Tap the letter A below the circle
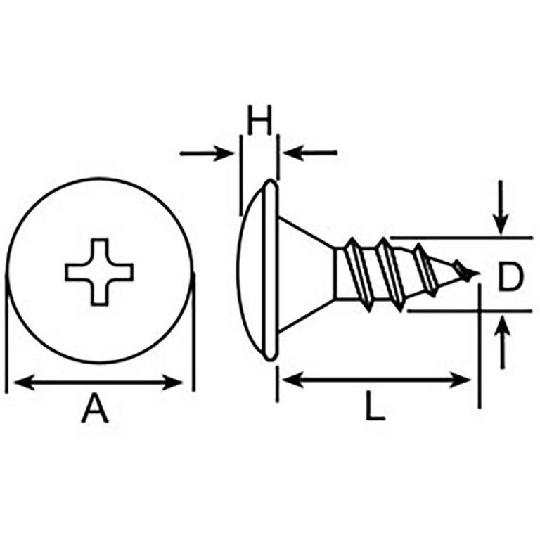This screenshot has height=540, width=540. [x=95, y=409]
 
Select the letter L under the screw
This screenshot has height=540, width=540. [x=375, y=406]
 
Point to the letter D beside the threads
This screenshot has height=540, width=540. [x=510, y=276]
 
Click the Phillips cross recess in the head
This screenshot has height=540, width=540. [x=99, y=271]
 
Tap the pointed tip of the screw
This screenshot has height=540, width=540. [x=478, y=274]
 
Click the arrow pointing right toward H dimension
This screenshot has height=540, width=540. [x=207, y=153]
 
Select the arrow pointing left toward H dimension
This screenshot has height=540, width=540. [x=310, y=153]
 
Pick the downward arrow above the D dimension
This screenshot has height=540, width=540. [x=501, y=207]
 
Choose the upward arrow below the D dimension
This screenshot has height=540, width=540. [x=503, y=342]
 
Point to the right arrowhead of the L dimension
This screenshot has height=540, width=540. [x=461, y=380]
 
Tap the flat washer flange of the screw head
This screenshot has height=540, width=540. [x=271, y=270]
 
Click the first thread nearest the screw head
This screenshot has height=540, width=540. [x=359, y=274]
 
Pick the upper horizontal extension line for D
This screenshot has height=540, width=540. [x=461, y=238]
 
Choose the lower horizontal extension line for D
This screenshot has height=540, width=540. [x=470, y=311]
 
